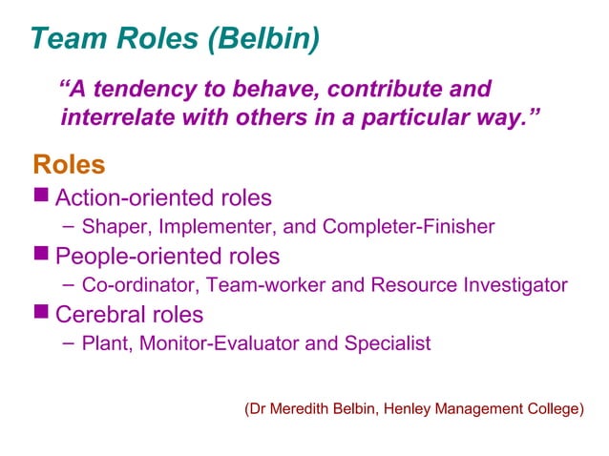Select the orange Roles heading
pyautogui.click(x=69, y=165)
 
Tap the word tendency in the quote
pyautogui.click(x=144, y=90)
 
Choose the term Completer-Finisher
pyautogui.click(x=409, y=227)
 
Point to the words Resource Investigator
pyautogui.click(x=469, y=285)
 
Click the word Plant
pyautogui.click(x=103, y=342)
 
